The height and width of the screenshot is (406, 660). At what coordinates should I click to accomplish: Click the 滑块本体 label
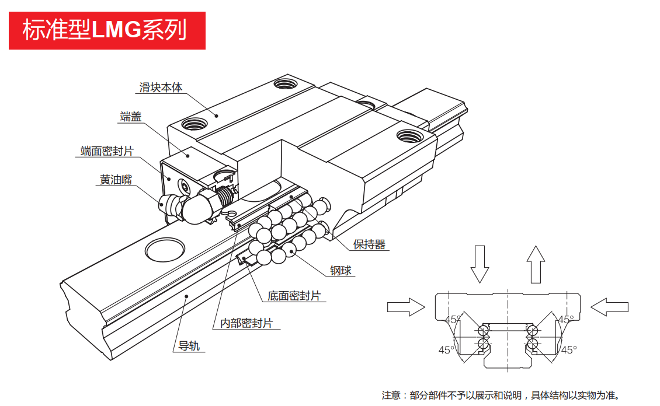coord(160,87)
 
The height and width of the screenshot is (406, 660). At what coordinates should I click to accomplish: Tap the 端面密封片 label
coord(107,151)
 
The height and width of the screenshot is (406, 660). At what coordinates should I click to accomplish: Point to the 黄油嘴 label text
coord(115,180)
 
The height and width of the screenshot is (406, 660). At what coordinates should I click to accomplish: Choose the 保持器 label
coord(369,244)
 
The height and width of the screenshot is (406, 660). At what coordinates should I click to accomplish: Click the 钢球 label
coord(342,271)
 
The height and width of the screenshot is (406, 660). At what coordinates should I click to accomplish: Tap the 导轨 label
coord(189,346)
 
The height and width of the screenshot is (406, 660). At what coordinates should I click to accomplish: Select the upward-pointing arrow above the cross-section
coord(535,264)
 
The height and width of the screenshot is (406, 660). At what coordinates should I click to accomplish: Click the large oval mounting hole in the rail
coord(165,250)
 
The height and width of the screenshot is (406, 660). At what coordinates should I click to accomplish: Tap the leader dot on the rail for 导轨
coord(186,296)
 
